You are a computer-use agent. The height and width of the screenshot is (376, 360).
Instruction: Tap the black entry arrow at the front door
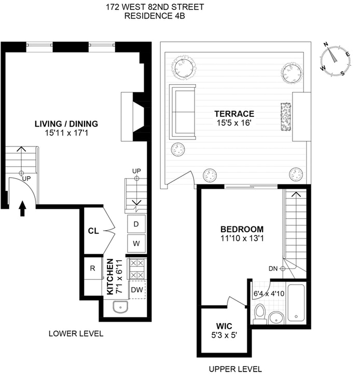tap(22, 209)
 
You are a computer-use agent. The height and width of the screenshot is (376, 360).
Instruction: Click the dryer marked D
tap(136, 224)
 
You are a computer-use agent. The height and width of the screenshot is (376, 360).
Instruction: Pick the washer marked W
tap(136, 243)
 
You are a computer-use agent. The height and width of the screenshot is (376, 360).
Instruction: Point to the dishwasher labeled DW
tap(136, 290)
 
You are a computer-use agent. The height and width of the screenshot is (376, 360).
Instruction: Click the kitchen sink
tap(121, 307)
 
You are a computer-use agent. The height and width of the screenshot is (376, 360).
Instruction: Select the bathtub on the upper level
tap(295, 303)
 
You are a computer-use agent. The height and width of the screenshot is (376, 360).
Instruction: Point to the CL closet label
tap(93, 231)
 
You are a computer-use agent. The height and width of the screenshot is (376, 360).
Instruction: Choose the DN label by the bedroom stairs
tap(272, 268)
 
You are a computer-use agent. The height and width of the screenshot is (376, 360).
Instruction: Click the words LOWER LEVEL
tap(76, 333)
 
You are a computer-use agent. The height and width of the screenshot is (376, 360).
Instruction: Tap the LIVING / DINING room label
tap(66, 124)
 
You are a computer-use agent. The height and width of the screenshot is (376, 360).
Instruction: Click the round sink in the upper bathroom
tap(278, 316)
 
